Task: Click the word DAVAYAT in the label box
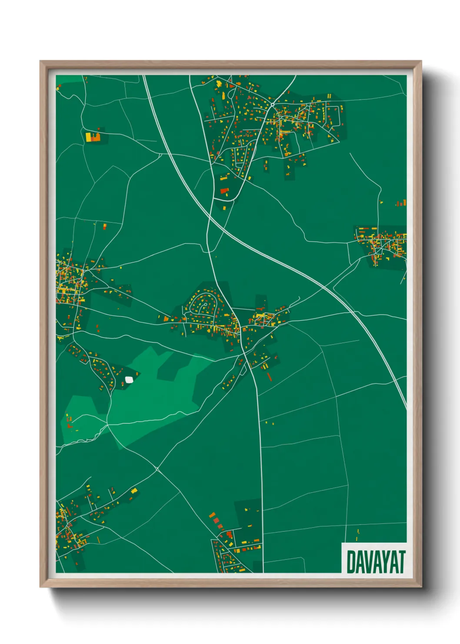point(376,562)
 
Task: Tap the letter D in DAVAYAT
point(351,562)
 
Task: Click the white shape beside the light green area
point(129,379)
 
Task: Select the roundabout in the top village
point(273,105)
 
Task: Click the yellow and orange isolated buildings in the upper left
point(93,137)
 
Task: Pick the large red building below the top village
point(224,191)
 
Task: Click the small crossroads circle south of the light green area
point(157,469)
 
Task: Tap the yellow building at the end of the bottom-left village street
point(134,490)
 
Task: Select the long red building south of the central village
point(269,376)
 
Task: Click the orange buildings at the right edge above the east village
point(401,203)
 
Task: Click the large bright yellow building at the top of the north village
point(219,82)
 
